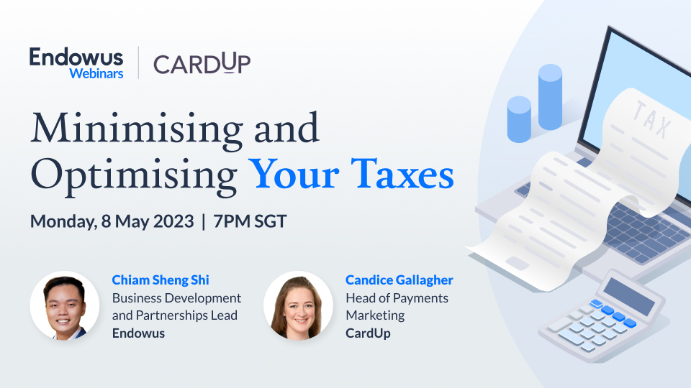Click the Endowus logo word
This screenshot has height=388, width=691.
point(76,57)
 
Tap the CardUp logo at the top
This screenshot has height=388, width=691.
point(202,63)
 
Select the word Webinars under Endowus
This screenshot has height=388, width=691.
point(96,73)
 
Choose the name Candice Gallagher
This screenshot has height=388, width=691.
point(399,280)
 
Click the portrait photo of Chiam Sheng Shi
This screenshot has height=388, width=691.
point(65,305)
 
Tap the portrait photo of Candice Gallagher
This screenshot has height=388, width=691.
point(298,305)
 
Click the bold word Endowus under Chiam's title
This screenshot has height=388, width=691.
point(138,333)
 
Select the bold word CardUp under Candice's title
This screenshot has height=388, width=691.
point(368,333)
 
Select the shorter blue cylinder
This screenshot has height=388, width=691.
point(519,119)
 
